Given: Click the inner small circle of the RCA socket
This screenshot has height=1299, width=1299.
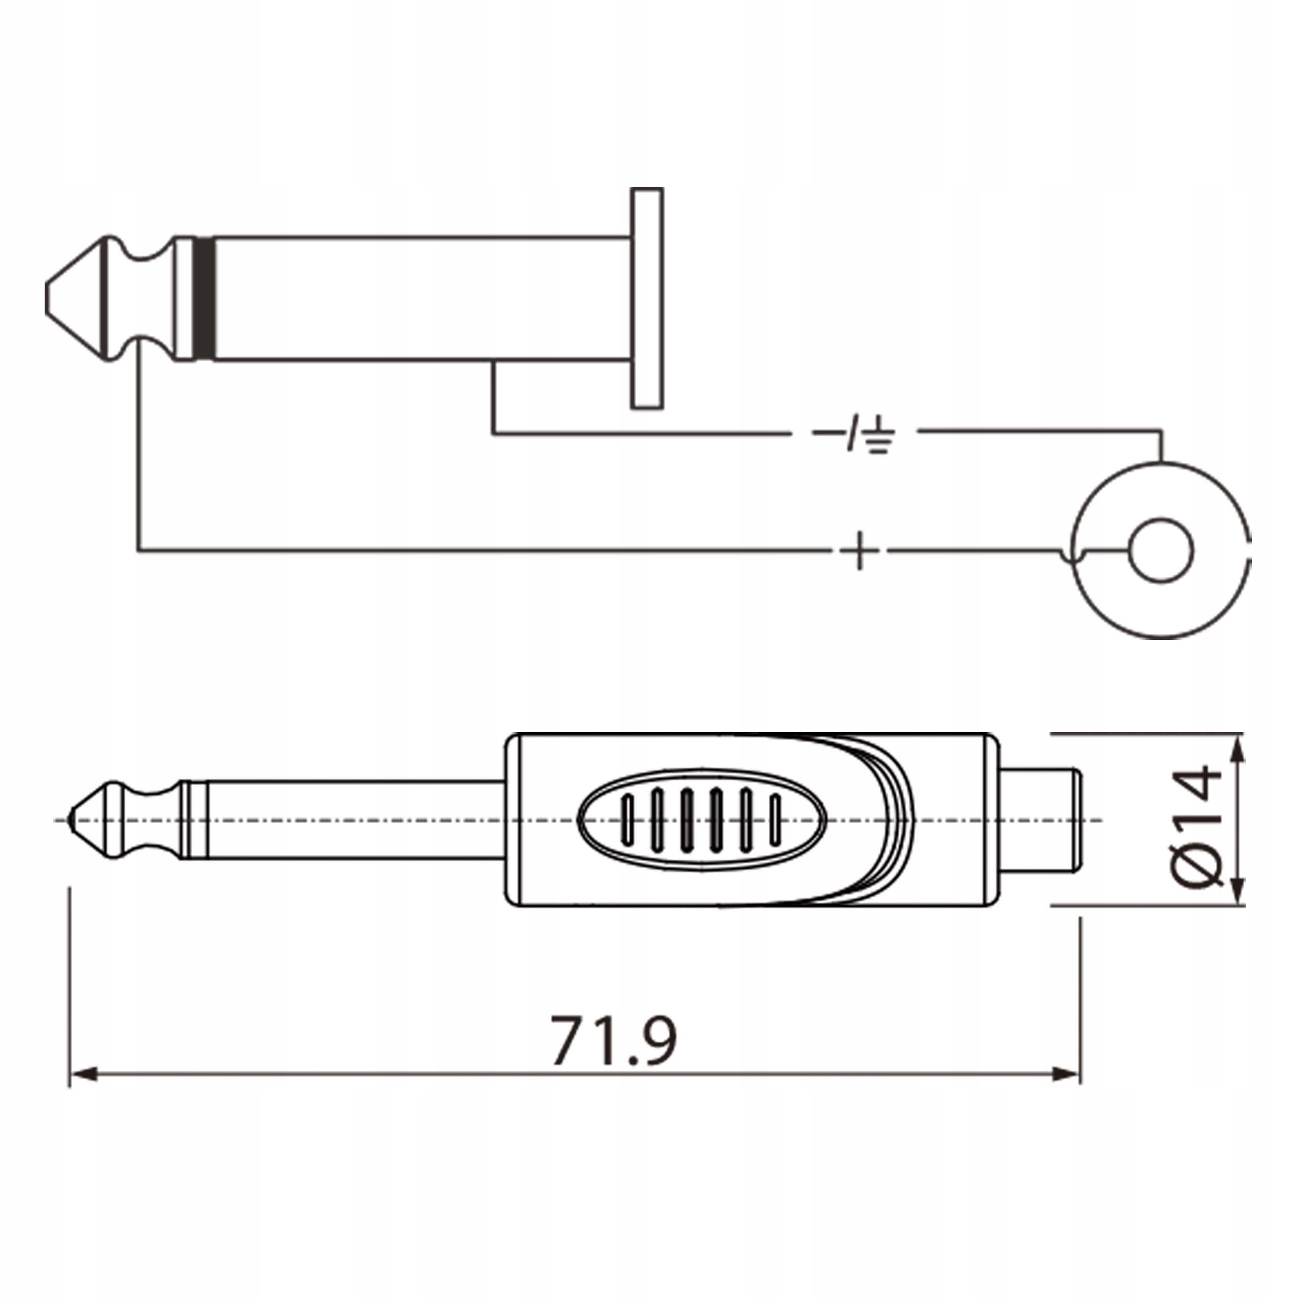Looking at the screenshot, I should pos(1160,551).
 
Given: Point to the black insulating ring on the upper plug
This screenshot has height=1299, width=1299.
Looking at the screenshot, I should pos(203,298).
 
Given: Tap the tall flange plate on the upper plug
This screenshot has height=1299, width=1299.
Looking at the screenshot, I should pos(647,298).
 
